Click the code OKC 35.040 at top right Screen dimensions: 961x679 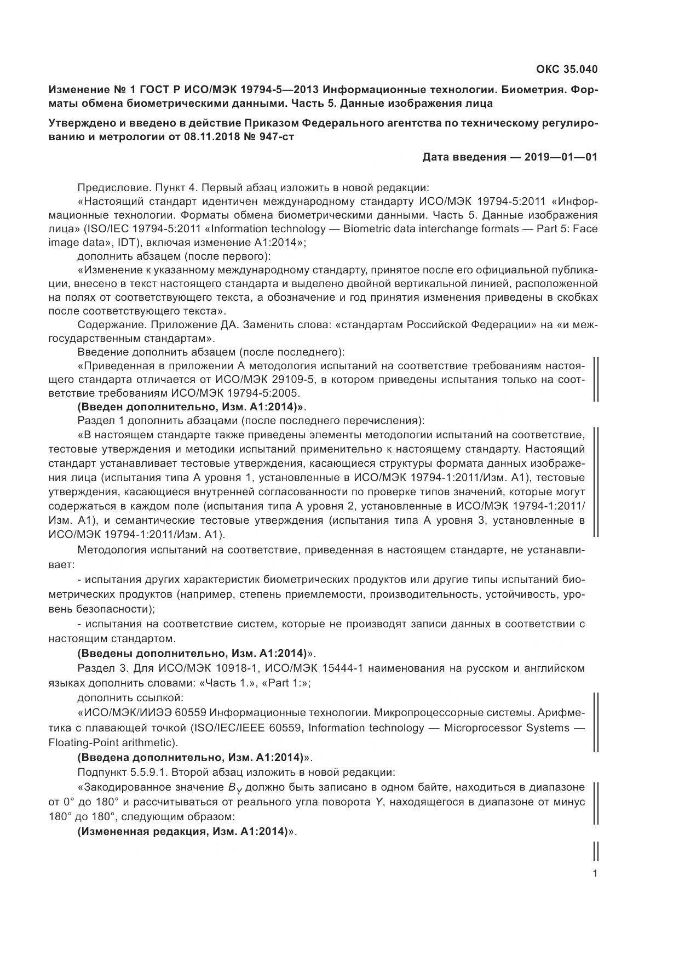[566, 70]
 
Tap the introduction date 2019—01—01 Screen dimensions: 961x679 [560, 157]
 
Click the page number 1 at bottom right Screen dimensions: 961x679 [595, 874]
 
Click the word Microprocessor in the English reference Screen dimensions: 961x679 [479, 728]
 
